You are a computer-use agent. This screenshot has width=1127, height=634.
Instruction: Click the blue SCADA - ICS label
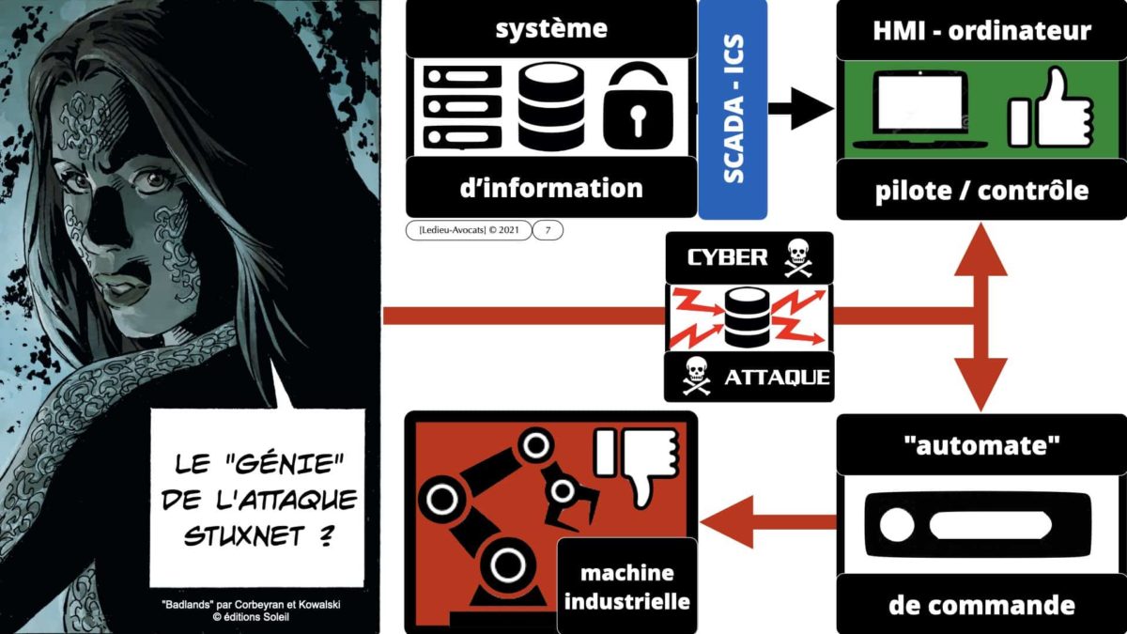tap(733, 109)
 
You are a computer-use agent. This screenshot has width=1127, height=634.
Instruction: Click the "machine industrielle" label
tap(627, 586)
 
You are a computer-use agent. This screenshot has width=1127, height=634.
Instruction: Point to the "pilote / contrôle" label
tap(981, 190)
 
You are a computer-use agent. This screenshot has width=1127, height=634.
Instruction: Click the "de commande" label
tap(981, 604)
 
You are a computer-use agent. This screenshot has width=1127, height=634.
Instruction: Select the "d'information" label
tap(551, 187)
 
